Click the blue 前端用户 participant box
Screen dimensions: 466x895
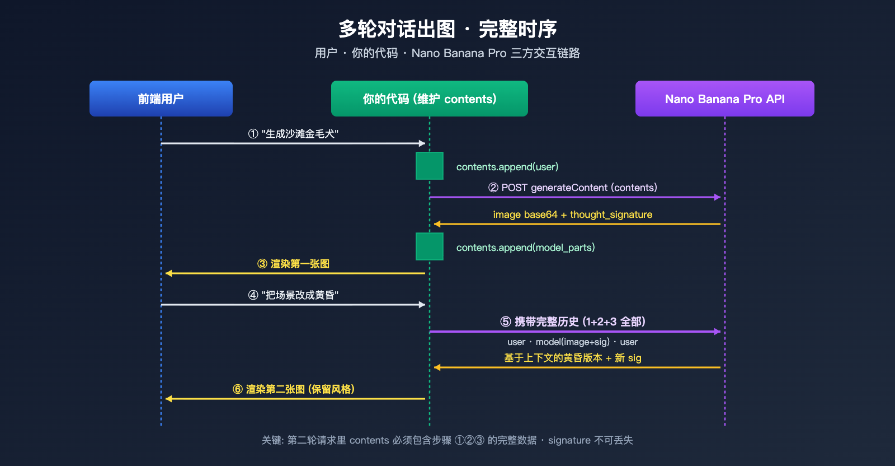pyautogui.click(x=161, y=99)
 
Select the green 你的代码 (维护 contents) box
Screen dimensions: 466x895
pyautogui.click(x=430, y=99)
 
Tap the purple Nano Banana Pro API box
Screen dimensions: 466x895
pyautogui.click(x=724, y=99)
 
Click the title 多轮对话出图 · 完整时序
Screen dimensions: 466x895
pyautogui.click(x=447, y=29)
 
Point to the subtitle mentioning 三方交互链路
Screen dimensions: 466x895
pyautogui.click(x=447, y=53)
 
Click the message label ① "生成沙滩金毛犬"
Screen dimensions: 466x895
pyautogui.click(x=293, y=134)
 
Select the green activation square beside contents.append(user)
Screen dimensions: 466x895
pyautogui.click(x=430, y=166)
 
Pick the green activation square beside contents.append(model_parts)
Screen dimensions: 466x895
pyautogui.click(x=430, y=246)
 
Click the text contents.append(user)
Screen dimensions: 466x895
pyautogui.click(x=507, y=167)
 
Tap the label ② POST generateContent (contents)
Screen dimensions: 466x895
pyautogui.click(x=572, y=188)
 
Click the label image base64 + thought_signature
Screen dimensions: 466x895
pyautogui.click(x=572, y=215)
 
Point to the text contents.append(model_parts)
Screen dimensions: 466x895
pyautogui.click(x=525, y=248)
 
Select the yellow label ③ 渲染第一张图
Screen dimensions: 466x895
pyautogui.click(x=293, y=264)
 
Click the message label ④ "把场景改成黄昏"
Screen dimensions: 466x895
pyautogui.click(x=293, y=295)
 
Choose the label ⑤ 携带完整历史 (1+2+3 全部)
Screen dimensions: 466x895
pyautogui.click(x=572, y=321)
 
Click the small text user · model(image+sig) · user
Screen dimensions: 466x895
pyautogui.click(x=572, y=342)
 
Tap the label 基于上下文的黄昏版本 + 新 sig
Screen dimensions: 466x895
pyautogui.click(x=572, y=358)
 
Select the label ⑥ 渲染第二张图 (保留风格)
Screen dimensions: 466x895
pyautogui.click(x=293, y=389)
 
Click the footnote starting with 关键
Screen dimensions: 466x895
pyautogui.click(x=447, y=440)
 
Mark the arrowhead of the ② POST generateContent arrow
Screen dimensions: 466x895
pyautogui.click(x=718, y=197)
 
